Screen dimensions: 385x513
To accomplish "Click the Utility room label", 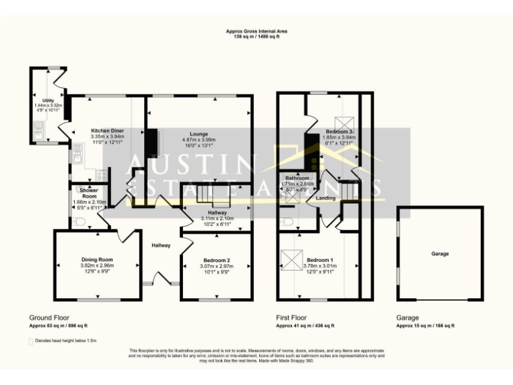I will [x=48, y=100].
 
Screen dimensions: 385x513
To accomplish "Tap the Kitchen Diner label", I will [x=108, y=130].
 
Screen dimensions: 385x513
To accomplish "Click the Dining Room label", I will [x=98, y=259].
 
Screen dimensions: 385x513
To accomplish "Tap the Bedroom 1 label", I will [x=319, y=259].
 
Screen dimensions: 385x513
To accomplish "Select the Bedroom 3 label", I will [x=340, y=132].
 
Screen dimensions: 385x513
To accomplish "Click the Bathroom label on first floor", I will [x=297, y=178].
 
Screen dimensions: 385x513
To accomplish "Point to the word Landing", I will [x=326, y=198].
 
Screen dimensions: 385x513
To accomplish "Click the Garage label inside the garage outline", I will [x=440, y=254].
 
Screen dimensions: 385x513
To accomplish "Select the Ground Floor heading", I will [x=49, y=318].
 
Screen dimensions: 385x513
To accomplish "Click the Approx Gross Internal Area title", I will [x=256, y=31].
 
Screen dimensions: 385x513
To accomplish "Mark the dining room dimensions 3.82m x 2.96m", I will [x=98, y=265].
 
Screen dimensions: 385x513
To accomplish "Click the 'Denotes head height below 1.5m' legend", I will [x=65, y=341].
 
